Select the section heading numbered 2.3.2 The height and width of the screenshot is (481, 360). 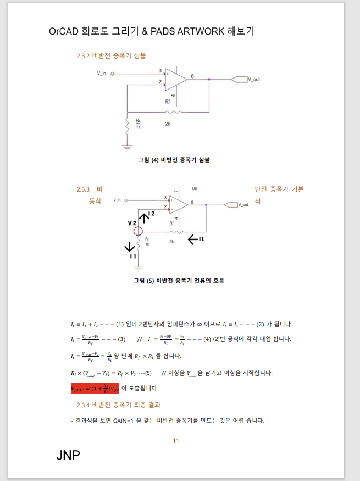(111, 56)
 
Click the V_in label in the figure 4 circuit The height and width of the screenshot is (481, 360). (101, 73)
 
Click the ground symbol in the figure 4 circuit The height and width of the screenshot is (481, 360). (127, 147)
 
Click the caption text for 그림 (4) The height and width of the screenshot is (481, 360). (174, 160)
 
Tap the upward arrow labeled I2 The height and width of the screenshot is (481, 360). (143, 217)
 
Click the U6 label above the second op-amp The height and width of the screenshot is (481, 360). (195, 189)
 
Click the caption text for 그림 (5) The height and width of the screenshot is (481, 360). (179, 281)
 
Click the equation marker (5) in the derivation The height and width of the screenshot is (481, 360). (147, 373)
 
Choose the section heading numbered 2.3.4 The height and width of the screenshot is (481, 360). (118, 405)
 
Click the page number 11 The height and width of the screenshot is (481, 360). (176, 440)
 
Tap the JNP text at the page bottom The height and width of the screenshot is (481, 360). (68, 455)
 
